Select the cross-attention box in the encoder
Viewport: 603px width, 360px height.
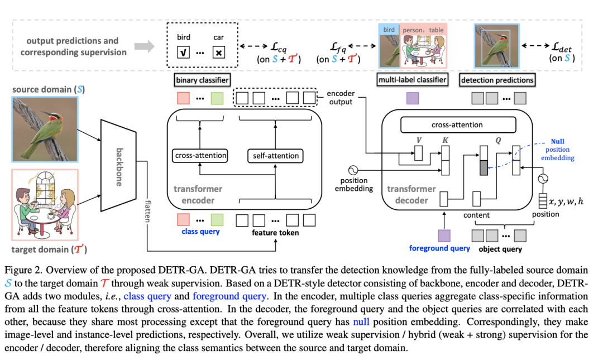click(x=199, y=155)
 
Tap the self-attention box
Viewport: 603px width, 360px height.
click(x=273, y=155)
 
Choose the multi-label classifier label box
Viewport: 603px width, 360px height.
click(x=413, y=80)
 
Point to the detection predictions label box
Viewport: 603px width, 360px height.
click(x=497, y=80)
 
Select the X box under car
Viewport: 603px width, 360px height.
click(x=219, y=53)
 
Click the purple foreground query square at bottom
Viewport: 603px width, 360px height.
click(x=444, y=236)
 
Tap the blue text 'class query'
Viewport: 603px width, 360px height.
click(x=200, y=231)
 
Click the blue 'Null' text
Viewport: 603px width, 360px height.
click(x=557, y=142)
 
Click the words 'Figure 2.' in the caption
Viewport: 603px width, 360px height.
click(x=31, y=270)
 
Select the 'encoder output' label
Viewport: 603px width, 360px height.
click(x=340, y=98)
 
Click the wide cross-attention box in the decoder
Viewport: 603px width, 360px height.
click(x=457, y=125)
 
